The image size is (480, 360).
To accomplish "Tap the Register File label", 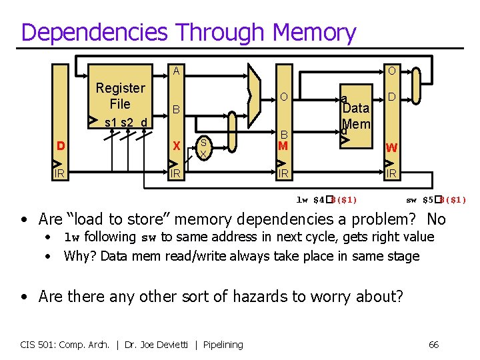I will (x=120, y=96).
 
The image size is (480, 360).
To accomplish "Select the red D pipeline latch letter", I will (x=61, y=146).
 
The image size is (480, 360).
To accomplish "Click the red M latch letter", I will (x=283, y=145).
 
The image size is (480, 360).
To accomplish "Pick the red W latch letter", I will (x=391, y=147).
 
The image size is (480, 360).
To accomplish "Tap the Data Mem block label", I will (x=356, y=116).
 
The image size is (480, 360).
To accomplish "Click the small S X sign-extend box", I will (x=204, y=147).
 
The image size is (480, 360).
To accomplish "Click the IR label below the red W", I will (x=391, y=173).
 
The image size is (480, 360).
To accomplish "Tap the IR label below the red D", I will (x=61, y=173).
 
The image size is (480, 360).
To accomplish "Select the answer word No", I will (x=436, y=219).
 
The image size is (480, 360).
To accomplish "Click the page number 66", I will (x=433, y=345).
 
